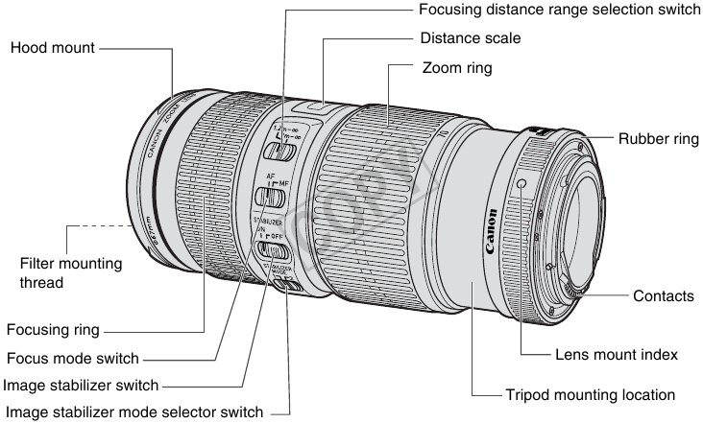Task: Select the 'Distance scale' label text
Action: (471, 39)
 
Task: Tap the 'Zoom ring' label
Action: (457, 69)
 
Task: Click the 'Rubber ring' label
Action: (658, 139)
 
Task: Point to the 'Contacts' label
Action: (663, 296)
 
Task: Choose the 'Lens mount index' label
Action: (617, 354)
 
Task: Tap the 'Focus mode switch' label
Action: (72, 358)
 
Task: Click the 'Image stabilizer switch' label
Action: (81, 386)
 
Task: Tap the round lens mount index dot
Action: (521, 183)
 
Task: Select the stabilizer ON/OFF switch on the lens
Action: (275, 251)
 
